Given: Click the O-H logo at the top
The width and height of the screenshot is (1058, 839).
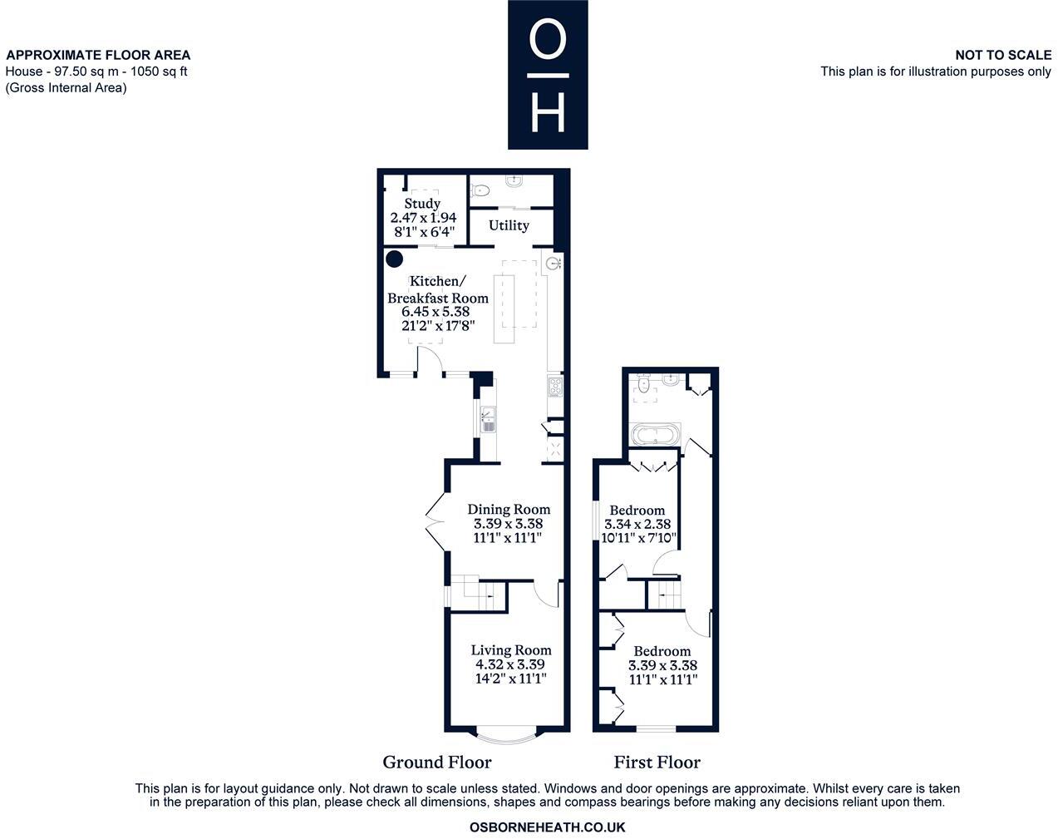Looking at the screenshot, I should coord(548,75).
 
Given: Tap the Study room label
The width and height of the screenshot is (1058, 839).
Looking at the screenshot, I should coord(422,204).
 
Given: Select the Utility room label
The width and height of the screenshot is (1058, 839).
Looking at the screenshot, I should coord(509,225).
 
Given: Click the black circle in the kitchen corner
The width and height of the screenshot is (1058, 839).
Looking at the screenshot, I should coord(394,259).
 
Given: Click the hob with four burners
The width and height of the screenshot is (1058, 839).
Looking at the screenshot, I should coord(555,387).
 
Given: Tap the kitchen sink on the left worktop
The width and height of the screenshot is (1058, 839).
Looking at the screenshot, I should coord(488,420).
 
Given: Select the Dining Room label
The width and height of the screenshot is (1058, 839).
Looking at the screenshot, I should coord(509,510).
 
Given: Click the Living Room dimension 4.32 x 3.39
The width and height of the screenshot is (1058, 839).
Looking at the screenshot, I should coord(509,664).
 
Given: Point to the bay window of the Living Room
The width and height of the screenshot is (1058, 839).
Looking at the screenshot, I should coord(509,735).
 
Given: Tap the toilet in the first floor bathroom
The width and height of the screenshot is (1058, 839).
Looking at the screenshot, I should coord(642,387).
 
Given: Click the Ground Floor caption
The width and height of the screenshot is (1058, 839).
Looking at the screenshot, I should coord(437,763).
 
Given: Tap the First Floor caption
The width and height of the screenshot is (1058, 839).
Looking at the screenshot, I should coord(657,763).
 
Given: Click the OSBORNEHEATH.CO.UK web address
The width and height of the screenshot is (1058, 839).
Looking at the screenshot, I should coord(547,827).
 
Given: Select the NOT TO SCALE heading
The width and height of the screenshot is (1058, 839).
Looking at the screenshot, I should coord(1002,55).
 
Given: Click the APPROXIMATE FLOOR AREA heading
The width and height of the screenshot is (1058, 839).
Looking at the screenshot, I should coord(98,55).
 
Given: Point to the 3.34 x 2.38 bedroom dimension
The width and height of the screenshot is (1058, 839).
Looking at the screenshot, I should coord(637,525).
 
